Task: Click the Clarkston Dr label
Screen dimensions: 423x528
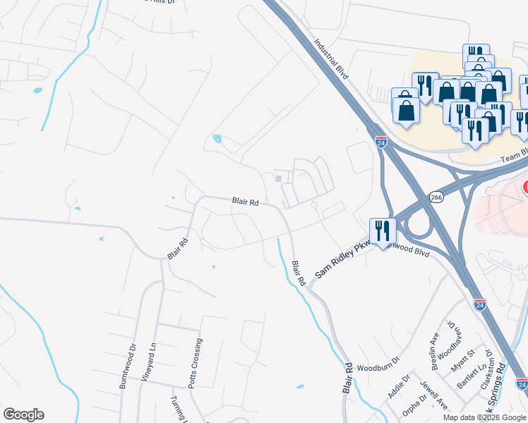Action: tap(486, 374)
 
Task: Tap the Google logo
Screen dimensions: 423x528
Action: tap(23, 415)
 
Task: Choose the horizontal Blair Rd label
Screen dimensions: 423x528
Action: tap(245, 202)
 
